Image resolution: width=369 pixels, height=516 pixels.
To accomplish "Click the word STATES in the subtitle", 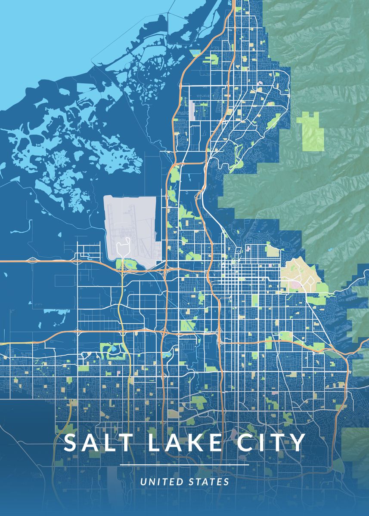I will (209, 482).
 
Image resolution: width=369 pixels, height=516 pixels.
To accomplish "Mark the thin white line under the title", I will (184, 465).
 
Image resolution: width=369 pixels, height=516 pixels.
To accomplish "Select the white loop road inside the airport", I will (124, 247).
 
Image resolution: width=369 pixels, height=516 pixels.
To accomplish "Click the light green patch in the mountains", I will (311, 131).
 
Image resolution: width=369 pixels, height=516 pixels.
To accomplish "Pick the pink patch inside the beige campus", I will (297, 285).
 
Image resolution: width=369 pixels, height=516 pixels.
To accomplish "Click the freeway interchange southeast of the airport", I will (166, 270).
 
